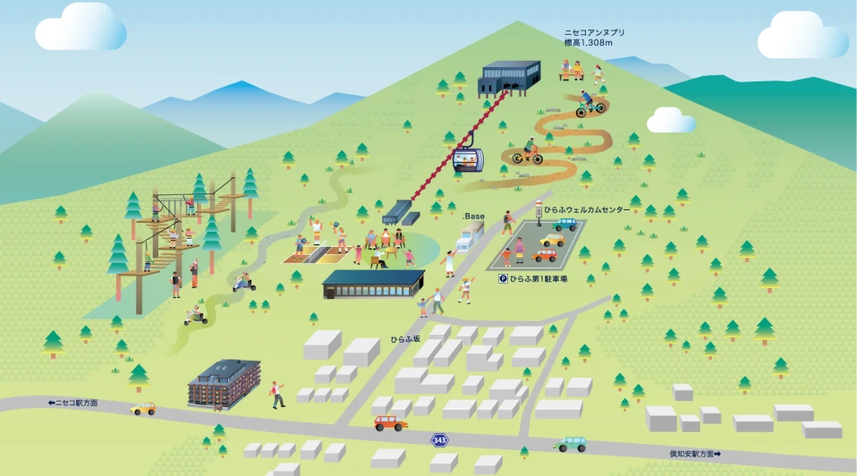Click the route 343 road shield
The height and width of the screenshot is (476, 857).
(x=439, y=440)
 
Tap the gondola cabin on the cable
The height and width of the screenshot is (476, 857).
(x=469, y=159)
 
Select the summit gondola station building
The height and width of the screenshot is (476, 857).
(x=509, y=78)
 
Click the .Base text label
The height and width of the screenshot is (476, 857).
(x=473, y=217)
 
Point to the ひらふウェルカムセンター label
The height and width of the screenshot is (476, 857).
(x=587, y=210)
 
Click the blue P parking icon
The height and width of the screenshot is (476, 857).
(x=503, y=279)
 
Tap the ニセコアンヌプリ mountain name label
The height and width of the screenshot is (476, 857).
(x=594, y=33)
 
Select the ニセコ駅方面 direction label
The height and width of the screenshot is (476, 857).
(x=72, y=403)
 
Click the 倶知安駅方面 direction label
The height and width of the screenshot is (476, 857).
(x=695, y=454)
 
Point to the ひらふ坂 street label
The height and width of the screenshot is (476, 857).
(x=405, y=339)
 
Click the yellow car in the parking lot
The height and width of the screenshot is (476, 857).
(x=552, y=240)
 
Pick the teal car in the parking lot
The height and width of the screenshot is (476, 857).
(x=564, y=224)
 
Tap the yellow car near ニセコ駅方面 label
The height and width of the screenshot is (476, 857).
(x=143, y=409)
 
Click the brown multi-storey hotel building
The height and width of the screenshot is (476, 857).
(x=224, y=384)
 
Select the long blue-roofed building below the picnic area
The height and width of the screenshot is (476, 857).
(x=374, y=285)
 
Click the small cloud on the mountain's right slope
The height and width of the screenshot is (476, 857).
(x=671, y=120)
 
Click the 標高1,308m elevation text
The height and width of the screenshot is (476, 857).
(x=588, y=43)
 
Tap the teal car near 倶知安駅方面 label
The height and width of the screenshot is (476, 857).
(x=571, y=444)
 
